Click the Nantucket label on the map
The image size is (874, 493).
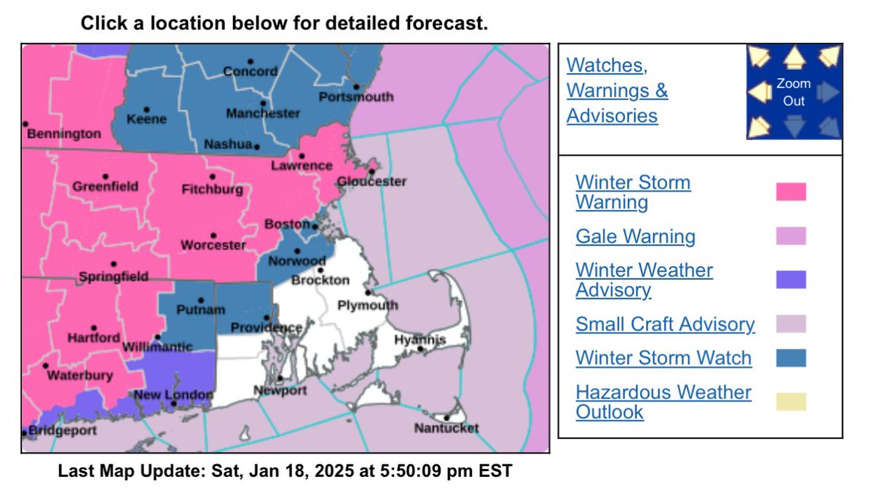tap(446, 428)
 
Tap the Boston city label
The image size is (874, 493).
tap(288, 225)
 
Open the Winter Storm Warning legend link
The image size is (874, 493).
tap(633, 192)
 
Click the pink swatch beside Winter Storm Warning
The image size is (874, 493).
tap(791, 192)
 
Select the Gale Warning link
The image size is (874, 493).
tap(635, 236)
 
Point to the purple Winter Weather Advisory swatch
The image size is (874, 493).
tap(791, 279)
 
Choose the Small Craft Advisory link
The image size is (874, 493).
tap(665, 324)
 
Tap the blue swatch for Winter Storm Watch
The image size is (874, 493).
tap(791, 358)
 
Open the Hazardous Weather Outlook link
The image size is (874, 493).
tap(663, 402)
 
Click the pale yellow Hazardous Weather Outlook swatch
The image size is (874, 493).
tap(791, 402)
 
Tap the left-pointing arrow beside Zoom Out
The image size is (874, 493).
tap(760, 93)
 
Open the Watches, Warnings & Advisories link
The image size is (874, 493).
tap(617, 90)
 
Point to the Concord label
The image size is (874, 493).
tap(250, 71)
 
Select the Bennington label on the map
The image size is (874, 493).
tap(63, 134)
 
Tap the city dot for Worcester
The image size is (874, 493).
tap(213, 236)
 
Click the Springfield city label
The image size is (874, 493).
tap(113, 276)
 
